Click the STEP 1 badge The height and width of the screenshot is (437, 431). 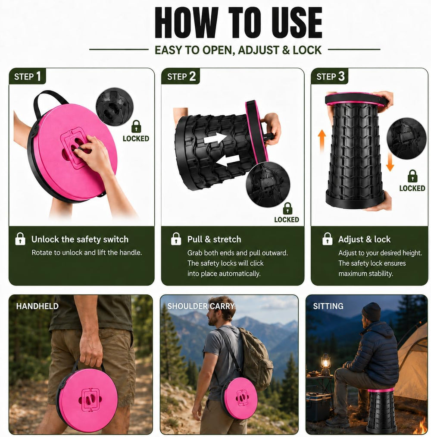point(27,76)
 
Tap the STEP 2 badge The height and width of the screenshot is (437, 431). point(181,76)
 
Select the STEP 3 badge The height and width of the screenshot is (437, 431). point(330,76)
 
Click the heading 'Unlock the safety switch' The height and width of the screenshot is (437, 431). point(80,239)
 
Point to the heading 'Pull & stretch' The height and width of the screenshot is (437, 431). point(214,239)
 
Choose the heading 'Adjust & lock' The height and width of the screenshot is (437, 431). point(364,239)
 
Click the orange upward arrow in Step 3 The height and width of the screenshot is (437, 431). point(322,141)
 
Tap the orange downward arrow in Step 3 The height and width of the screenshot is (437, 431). point(390,162)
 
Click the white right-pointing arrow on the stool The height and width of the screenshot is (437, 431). point(215,138)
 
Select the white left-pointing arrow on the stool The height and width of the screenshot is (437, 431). point(228,160)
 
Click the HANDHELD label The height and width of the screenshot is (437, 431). point(37,306)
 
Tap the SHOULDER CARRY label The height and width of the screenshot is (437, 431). point(201,306)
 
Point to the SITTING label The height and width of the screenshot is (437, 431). point(328,306)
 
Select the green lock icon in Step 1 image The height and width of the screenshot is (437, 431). point(136,126)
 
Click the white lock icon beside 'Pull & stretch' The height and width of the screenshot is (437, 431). point(176,239)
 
